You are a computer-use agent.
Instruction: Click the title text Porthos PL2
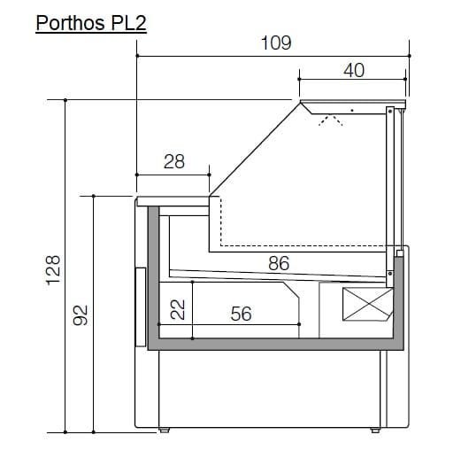[91, 23]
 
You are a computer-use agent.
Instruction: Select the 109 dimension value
[276, 43]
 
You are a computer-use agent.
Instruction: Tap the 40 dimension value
[354, 70]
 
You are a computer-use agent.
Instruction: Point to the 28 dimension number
[174, 161]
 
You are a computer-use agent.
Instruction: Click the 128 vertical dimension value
[53, 270]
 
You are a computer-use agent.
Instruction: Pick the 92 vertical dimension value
[81, 315]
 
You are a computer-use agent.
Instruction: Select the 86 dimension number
[279, 263]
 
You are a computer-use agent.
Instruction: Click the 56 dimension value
[242, 314]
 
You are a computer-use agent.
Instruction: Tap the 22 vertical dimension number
[178, 309]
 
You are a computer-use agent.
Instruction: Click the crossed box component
[368, 304]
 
